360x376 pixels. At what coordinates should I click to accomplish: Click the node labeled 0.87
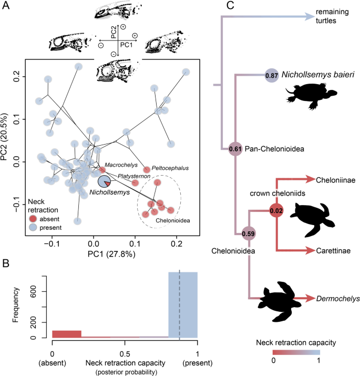[x=272, y=76]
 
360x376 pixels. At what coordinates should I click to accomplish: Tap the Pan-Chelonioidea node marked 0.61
[x=235, y=149]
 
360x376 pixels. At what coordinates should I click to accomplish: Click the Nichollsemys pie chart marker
[x=105, y=182]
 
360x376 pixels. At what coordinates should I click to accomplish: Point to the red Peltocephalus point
[x=147, y=169]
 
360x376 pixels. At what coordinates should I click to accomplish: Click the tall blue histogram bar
[x=182, y=305]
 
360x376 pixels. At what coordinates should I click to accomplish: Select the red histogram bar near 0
[x=67, y=334]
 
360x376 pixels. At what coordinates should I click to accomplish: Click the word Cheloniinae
[x=334, y=180]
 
